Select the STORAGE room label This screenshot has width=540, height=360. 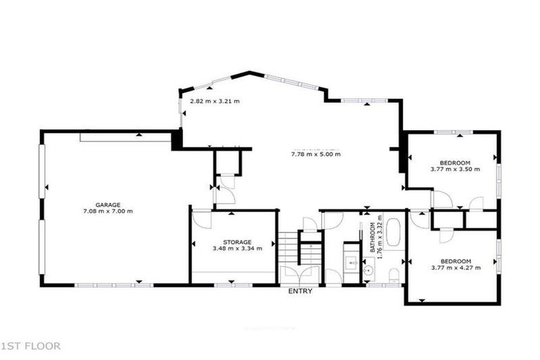click(237, 241)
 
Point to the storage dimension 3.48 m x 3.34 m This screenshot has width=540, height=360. click(237, 248)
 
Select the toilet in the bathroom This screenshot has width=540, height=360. click(394, 272)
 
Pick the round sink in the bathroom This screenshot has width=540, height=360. click(369, 269)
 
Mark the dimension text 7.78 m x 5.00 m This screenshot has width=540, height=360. click(316, 154)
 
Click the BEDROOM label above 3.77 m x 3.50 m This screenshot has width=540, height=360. click(455, 162)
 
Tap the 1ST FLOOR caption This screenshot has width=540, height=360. click(31, 345)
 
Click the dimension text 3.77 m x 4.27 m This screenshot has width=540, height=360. click(455, 267)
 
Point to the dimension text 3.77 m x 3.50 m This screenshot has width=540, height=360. click(455, 169)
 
